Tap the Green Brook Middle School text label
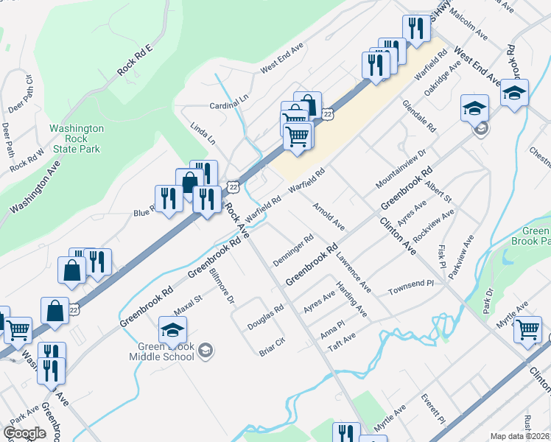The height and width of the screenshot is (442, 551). [166, 352]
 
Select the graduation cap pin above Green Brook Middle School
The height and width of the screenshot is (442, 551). [172, 332]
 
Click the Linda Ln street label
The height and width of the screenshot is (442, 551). [203, 133]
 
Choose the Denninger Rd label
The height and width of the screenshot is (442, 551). [293, 251]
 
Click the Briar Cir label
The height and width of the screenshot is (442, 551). [272, 347]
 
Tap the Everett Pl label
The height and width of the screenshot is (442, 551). [433, 409]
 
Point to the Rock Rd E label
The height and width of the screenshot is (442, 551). [134, 60]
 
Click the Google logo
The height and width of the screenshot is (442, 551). [24, 433]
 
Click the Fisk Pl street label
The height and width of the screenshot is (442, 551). [442, 256]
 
